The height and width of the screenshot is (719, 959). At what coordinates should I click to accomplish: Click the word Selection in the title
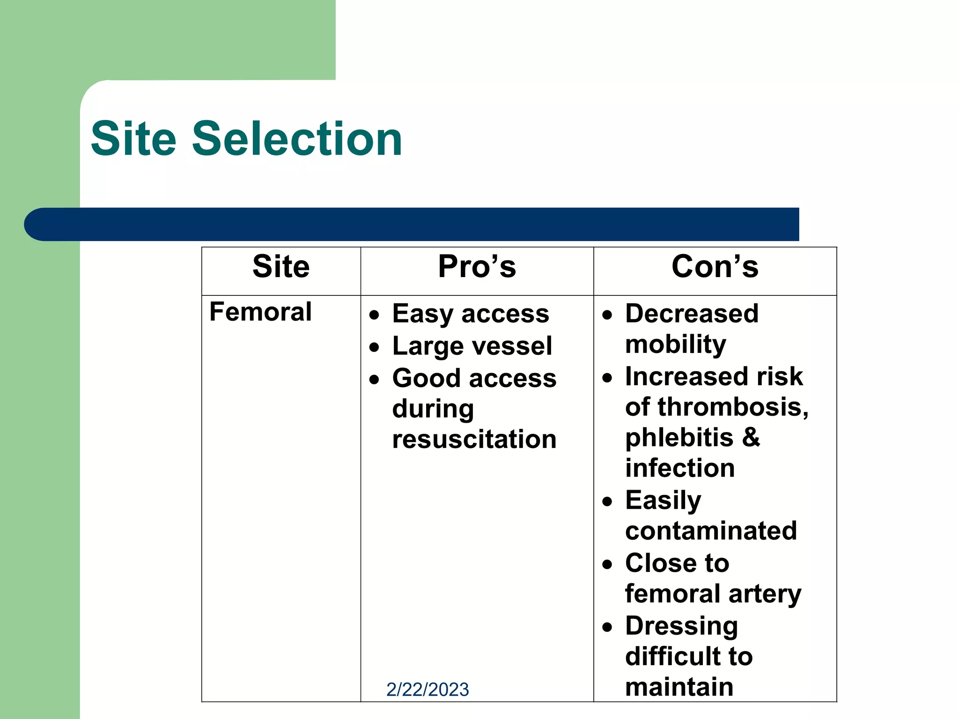tap(297, 139)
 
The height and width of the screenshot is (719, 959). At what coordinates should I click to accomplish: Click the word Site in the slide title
tap(133, 139)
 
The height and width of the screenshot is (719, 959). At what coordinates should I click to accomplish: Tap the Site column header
tap(281, 267)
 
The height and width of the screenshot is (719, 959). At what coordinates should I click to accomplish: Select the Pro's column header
tap(477, 267)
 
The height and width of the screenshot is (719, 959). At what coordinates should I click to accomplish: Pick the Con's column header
tap(715, 267)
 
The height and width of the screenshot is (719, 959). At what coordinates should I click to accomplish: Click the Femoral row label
tap(260, 312)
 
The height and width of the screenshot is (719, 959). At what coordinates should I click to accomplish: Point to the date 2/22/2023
tap(427, 690)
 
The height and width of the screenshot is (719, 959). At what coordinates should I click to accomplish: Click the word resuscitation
tap(474, 440)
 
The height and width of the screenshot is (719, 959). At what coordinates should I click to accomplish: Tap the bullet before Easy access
tap(374, 315)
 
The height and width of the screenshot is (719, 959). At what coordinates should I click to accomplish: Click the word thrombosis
tap(732, 407)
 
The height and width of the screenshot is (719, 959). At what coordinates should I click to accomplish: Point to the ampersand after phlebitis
tap(751, 437)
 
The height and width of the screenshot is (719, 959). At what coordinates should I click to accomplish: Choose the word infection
tap(680, 468)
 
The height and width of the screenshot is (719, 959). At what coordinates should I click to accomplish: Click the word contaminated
tap(710, 531)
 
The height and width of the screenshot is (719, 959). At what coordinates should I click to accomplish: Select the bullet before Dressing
tap(607, 627)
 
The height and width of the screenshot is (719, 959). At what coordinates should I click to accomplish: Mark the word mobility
tap(675, 345)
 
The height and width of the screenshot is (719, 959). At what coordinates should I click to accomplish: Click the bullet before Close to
tap(607, 565)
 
